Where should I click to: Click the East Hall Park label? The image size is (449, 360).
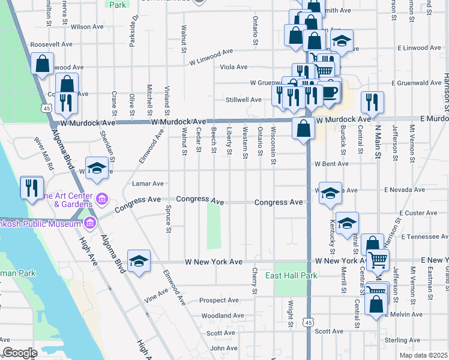(x=292, y=275)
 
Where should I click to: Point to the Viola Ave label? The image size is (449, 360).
(x=234, y=67)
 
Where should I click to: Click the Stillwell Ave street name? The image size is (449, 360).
(x=244, y=100)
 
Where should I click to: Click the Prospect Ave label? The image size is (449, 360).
(x=219, y=300)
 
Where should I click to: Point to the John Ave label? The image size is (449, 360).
(x=224, y=348)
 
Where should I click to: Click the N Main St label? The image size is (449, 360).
(x=379, y=140)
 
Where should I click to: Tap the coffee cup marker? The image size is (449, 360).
(x=330, y=91)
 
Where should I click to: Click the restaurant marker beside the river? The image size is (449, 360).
(x=31, y=188)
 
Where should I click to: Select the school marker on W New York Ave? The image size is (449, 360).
(x=139, y=261)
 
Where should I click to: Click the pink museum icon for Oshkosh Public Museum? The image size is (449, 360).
(x=90, y=224)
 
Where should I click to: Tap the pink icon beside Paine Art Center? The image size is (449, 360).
(x=101, y=199)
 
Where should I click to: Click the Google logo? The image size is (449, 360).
(x=20, y=353)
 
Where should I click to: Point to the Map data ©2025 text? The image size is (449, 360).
(x=423, y=356)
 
